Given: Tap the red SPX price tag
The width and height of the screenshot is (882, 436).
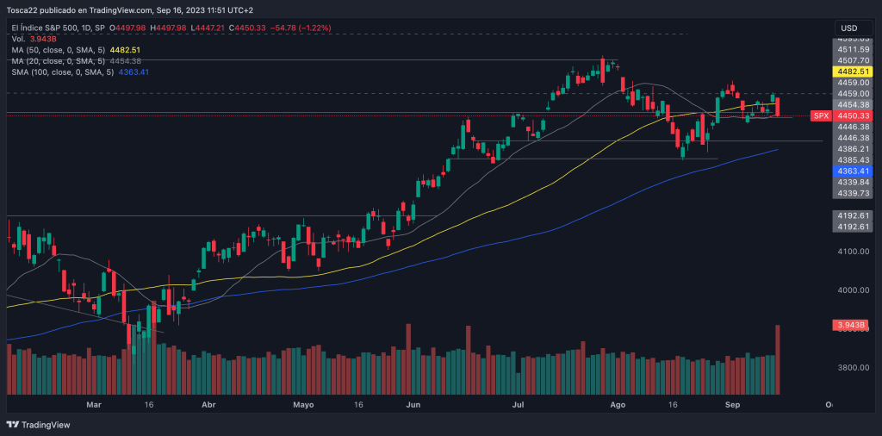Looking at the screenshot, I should (x=821, y=115).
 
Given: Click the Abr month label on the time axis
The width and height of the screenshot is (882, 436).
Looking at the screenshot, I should (x=208, y=403).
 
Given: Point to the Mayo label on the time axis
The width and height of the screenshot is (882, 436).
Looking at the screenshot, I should (x=302, y=403).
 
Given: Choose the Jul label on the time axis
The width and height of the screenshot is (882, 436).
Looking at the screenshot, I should (x=519, y=403).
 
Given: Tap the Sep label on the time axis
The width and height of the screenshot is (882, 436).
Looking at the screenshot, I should (x=732, y=403).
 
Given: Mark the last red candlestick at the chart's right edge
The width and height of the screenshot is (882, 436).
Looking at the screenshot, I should (x=778, y=108).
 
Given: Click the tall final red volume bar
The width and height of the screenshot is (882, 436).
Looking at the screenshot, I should (x=778, y=358).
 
